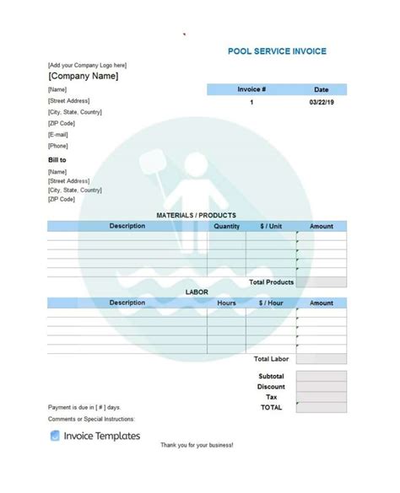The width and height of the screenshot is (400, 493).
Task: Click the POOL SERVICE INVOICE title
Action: pyautogui.click(x=277, y=51)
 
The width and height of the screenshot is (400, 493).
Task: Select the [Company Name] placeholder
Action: pyautogui.click(x=84, y=76)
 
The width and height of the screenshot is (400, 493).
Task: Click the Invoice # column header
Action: pyautogui.click(x=251, y=89)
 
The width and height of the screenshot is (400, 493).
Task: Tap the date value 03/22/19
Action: pyautogui.click(x=322, y=103)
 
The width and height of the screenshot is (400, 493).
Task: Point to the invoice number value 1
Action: pyautogui.click(x=251, y=103)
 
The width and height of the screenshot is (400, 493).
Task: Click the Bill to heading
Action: pyautogui.click(x=57, y=159)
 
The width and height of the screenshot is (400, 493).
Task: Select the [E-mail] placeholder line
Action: pyautogui.click(x=58, y=134)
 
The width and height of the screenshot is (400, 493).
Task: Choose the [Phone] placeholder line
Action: pyautogui.click(x=58, y=146)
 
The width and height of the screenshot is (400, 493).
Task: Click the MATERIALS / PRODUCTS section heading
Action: pyautogui.click(x=197, y=216)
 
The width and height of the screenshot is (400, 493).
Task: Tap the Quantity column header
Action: pyautogui.click(x=226, y=227)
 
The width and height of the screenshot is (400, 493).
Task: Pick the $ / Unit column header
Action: pyautogui.click(x=271, y=227)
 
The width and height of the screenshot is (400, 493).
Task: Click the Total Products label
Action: pyautogui.click(x=271, y=282)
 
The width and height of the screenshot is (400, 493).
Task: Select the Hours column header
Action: pyautogui.click(x=226, y=303)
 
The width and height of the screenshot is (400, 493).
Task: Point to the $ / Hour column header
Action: pyautogui.click(x=271, y=303)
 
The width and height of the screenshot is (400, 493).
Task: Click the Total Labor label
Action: pyautogui.click(x=272, y=359)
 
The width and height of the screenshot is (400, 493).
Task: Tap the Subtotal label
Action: pyautogui.click(x=271, y=376)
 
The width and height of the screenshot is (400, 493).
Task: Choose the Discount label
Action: pyautogui.click(x=271, y=387)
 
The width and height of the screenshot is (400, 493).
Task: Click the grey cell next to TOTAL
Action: pyautogui.click(x=322, y=407)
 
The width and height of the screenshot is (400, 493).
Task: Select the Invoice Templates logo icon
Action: pyautogui.click(x=55, y=436)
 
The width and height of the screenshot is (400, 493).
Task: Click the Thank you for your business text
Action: pyautogui.click(x=197, y=468)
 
